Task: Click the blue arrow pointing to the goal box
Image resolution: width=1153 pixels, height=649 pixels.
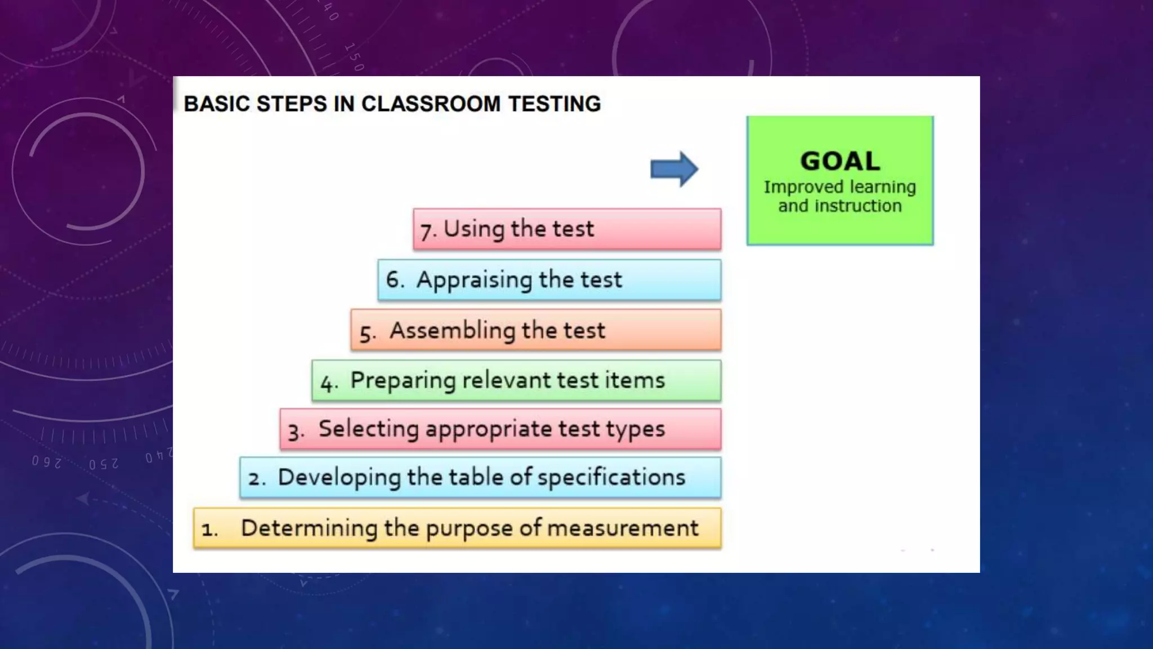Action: click(674, 169)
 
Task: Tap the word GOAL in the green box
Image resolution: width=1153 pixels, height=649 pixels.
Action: click(839, 161)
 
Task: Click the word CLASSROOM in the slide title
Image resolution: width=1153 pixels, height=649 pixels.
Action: click(430, 104)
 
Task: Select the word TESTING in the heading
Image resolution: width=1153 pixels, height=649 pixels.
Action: click(554, 104)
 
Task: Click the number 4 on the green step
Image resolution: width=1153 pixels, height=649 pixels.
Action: click(327, 383)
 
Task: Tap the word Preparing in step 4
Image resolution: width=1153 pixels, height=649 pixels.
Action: click(402, 381)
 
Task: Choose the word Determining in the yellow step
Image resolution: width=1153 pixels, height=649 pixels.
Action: click(309, 528)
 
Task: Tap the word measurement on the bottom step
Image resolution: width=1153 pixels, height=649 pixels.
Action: click(622, 528)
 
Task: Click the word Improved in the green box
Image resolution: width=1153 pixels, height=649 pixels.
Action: click(795, 187)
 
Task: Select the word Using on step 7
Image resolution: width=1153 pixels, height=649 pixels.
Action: click(473, 229)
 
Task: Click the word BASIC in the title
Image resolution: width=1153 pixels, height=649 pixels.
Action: click(216, 104)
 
